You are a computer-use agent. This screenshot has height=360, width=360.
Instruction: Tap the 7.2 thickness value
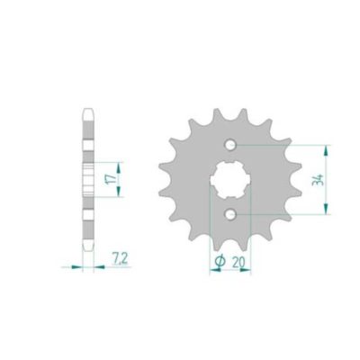tap(118, 258)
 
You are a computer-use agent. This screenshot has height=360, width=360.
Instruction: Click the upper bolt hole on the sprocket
tap(232, 144)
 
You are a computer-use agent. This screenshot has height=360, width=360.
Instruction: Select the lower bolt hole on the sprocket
tap(232, 213)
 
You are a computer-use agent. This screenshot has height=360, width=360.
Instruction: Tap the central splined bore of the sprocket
tap(231, 179)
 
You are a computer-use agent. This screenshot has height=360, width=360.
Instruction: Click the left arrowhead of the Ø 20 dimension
tap(212, 269)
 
